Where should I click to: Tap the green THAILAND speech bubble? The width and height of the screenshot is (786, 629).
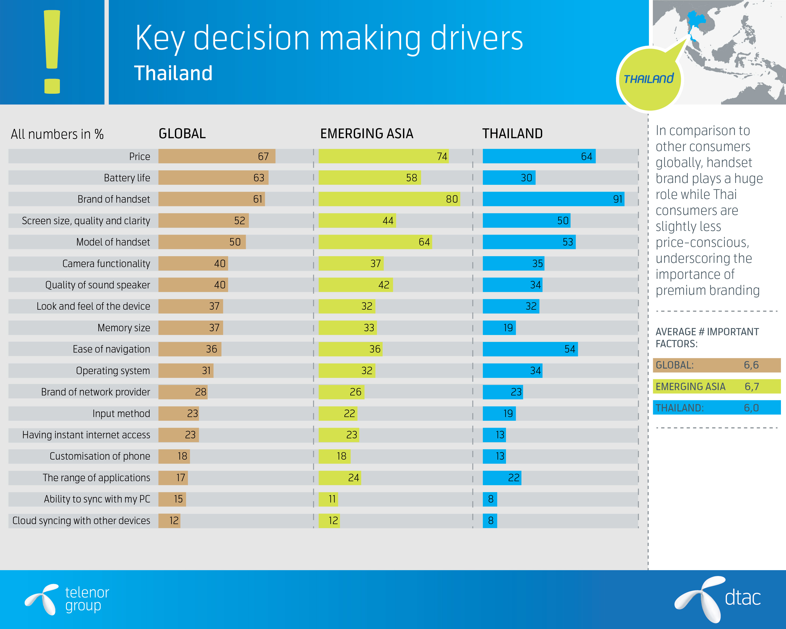[649, 79]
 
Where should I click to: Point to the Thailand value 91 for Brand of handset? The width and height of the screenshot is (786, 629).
[617, 199]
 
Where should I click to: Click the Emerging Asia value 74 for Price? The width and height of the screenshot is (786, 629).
[442, 156]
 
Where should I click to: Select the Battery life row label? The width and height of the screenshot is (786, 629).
[127, 178]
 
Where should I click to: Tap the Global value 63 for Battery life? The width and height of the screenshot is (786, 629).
[258, 178]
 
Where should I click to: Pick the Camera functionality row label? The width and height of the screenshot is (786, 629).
[106, 264]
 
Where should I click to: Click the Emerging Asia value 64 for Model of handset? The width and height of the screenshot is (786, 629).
[424, 242]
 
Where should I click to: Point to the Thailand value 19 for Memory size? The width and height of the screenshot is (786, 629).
[508, 328]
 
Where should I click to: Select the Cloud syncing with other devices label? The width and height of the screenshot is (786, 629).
[81, 521]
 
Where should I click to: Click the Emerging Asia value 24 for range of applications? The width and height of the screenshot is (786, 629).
[353, 478]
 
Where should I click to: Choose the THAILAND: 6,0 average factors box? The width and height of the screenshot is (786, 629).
[716, 408]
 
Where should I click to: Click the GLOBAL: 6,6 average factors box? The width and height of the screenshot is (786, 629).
[716, 365]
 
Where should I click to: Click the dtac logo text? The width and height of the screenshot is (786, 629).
[742, 598]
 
